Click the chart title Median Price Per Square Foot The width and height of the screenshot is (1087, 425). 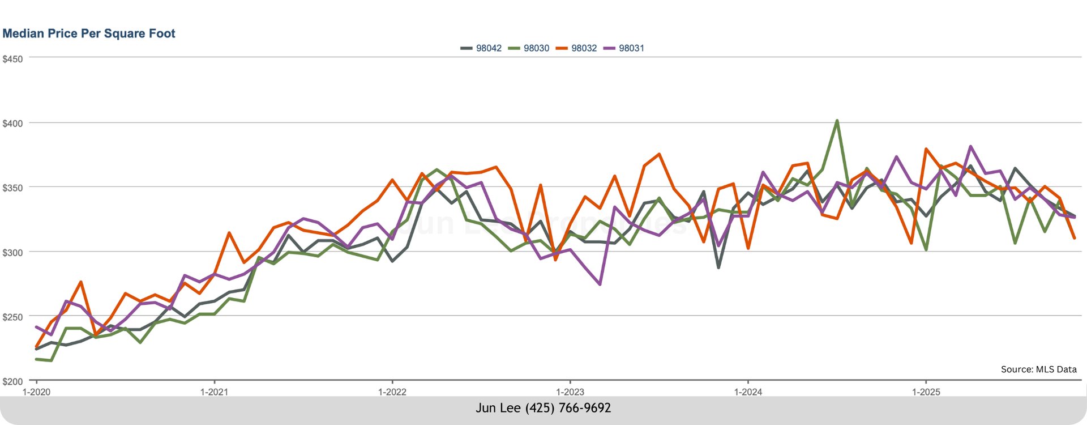pyautogui.click(x=89, y=33)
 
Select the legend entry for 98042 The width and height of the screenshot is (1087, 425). pyautogui.click(x=482, y=48)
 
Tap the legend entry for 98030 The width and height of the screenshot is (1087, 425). pyautogui.click(x=529, y=48)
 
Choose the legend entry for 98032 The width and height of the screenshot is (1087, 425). pyautogui.click(x=577, y=48)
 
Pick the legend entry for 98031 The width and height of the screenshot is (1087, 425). pyautogui.click(x=624, y=48)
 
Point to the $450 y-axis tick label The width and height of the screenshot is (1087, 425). pyautogui.click(x=12, y=59)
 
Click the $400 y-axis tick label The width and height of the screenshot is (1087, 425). pyautogui.click(x=12, y=123)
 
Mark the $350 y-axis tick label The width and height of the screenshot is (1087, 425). pyautogui.click(x=12, y=188)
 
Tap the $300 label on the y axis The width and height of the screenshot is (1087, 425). pyautogui.click(x=12, y=252)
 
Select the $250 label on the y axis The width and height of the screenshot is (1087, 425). pyautogui.click(x=12, y=317)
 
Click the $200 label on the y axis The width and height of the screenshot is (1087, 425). pyautogui.click(x=12, y=381)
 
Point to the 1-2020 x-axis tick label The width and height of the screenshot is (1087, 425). pyautogui.click(x=36, y=392)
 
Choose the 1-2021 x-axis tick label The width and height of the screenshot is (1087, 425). pyautogui.click(x=214, y=392)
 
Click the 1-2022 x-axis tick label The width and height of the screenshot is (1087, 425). pyautogui.click(x=392, y=392)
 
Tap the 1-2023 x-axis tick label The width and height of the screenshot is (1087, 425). pyautogui.click(x=570, y=392)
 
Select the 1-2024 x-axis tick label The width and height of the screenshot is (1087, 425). pyautogui.click(x=748, y=392)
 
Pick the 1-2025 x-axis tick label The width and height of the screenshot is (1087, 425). pyautogui.click(x=926, y=392)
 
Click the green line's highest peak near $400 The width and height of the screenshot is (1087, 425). pyautogui.click(x=837, y=121)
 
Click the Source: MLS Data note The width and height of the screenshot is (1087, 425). pyautogui.click(x=1038, y=369)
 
